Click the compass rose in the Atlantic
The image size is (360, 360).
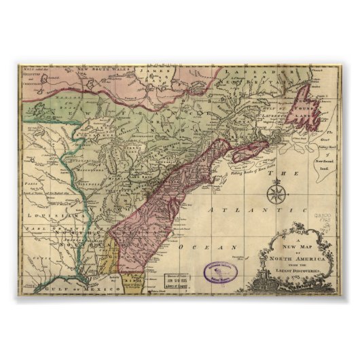pos(276,195)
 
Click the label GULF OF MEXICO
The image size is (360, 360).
pos(77,289)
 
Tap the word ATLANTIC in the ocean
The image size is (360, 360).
pos(235,212)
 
